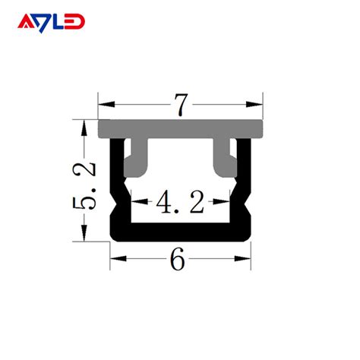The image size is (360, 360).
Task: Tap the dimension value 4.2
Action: pyautogui.click(x=179, y=203)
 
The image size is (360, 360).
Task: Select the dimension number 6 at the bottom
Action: pyautogui.click(x=178, y=260)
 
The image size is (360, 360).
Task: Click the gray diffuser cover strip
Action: pyautogui.click(x=180, y=128)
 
